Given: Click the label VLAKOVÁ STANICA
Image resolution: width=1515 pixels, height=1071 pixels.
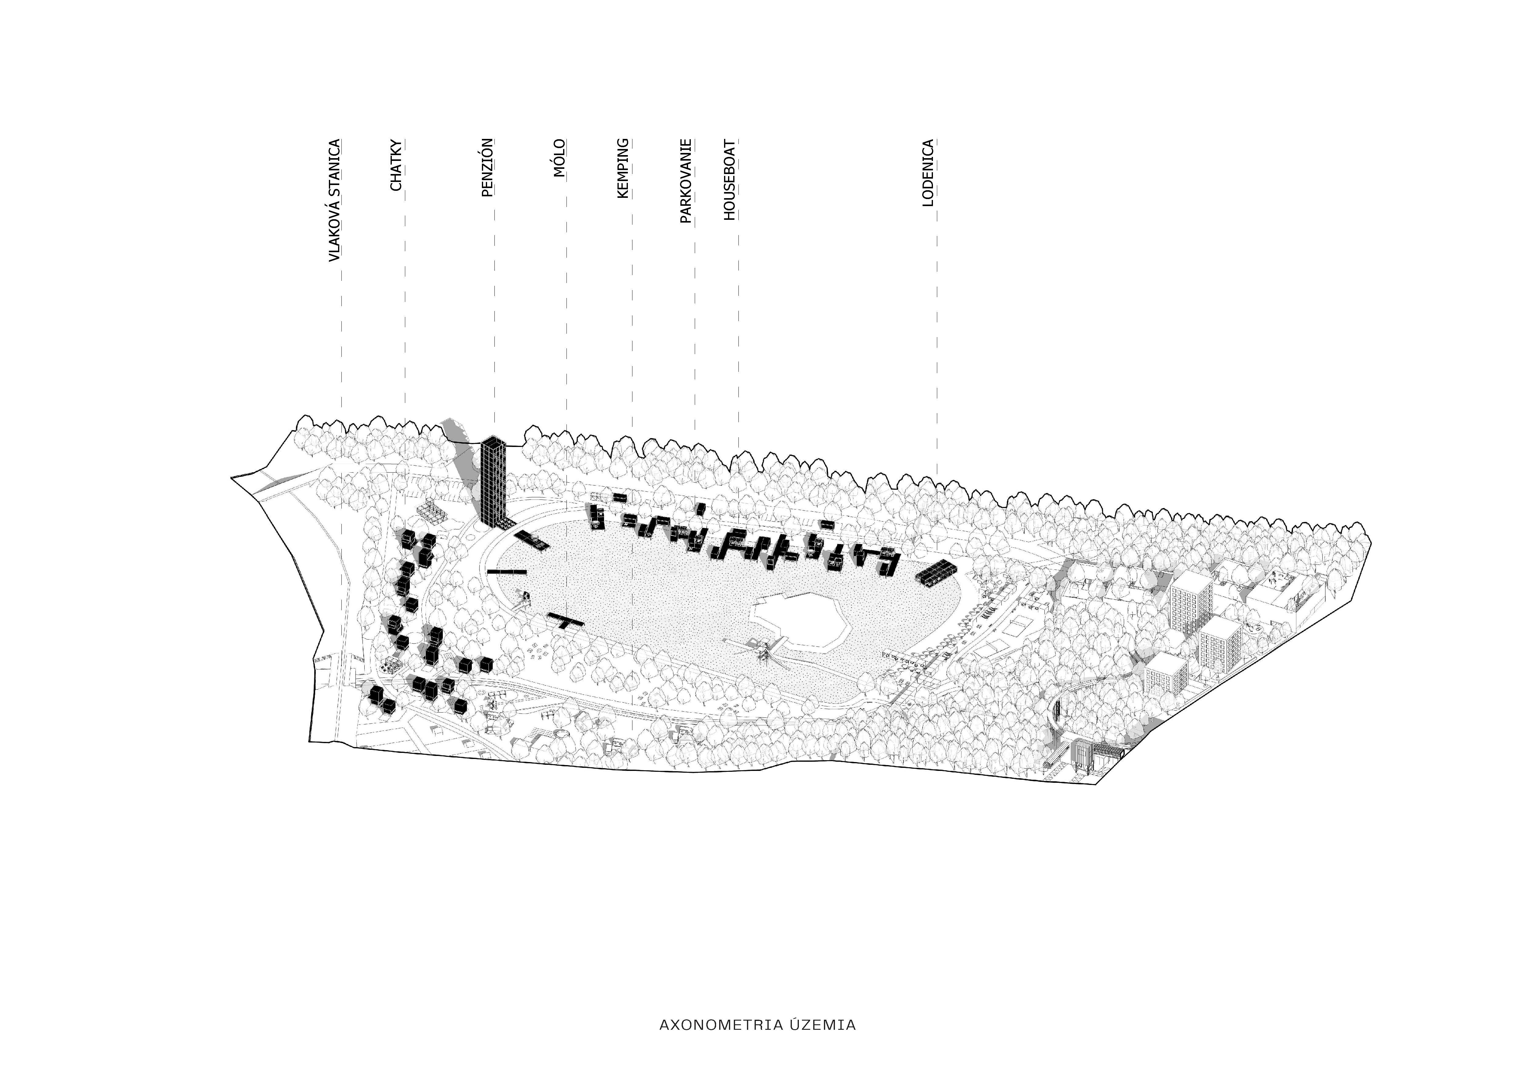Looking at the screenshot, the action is click(x=335, y=201).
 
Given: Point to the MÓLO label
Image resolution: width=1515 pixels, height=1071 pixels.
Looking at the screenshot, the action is click(x=559, y=158).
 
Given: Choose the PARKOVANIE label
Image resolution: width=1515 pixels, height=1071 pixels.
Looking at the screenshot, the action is click(x=686, y=181).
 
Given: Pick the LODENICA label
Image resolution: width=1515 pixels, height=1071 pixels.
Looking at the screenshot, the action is click(x=928, y=173).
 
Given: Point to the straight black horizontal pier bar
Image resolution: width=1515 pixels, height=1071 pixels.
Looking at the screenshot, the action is click(x=507, y=571).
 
